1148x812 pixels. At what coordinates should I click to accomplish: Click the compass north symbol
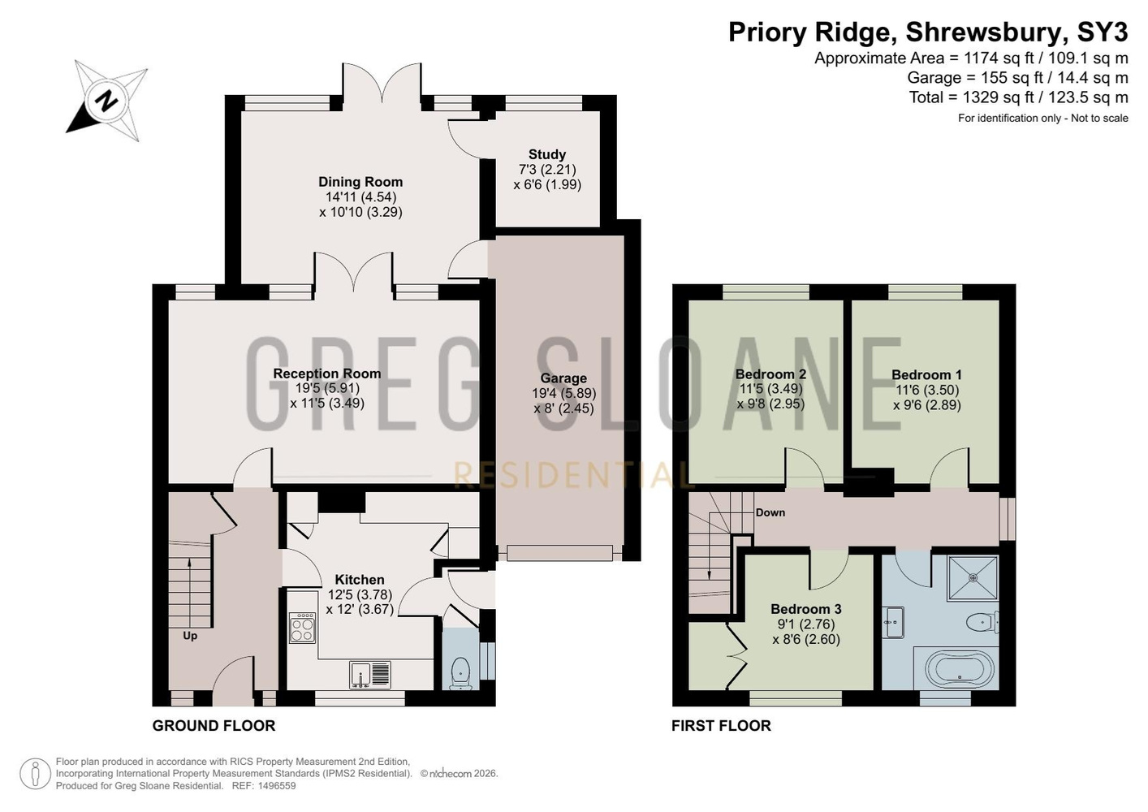(x=107, y=101)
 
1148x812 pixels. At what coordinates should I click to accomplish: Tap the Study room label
(x=547, y=154)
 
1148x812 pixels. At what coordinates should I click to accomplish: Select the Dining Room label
(x=360, y=182)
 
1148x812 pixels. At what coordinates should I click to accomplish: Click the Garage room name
(x=563, y=378)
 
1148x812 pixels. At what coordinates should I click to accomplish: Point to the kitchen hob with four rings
(x=302, y=628)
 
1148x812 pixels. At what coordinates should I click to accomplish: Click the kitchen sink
(x=370, y=675)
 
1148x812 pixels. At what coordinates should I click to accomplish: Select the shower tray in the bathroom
(x=973, y=577)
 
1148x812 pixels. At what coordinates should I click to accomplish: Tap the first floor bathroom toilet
(x=982, y=622)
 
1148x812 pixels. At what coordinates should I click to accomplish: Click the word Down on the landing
(x=770, y=512)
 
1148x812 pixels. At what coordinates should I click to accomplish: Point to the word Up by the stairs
(x=190, y=636)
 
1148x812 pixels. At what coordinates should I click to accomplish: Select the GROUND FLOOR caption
(x=214, y=726)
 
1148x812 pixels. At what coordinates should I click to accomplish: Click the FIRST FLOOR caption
(x=721, y=726)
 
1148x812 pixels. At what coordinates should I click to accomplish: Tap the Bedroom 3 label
(x=806, y=609)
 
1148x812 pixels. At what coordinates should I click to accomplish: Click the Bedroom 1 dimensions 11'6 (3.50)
(x=927, y=390)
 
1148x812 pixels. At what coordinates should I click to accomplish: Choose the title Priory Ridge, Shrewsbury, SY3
(x=928, y=32)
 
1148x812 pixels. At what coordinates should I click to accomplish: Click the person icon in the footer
(x=36, y=774)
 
